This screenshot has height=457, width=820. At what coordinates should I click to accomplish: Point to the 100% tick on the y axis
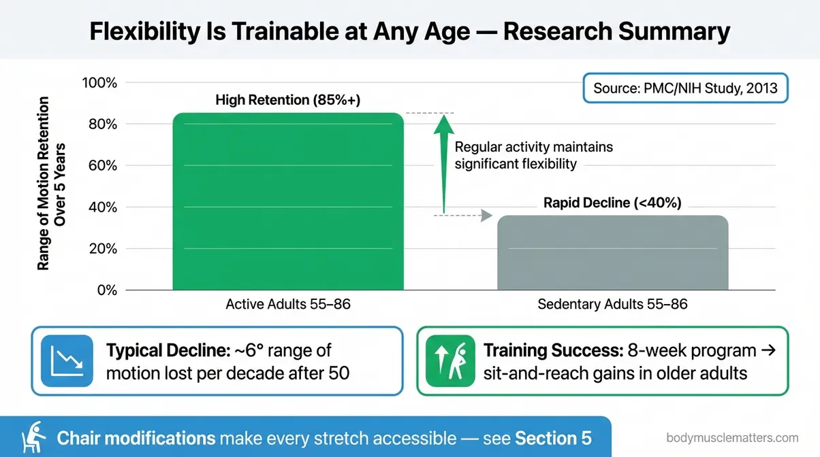pyautogui.click(x=99, y=83)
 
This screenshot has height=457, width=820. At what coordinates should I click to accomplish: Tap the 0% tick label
pyautogui.click(x=106, y=290)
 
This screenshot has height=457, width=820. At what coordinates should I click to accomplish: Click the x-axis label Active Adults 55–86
pyautogui.click(x=287, y=305)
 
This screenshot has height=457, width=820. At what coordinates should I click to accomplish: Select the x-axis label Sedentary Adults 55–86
pyautogui.click(x=612, y=305)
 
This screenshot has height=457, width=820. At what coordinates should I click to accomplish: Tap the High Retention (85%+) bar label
pyautogui.click(x=287, y=101)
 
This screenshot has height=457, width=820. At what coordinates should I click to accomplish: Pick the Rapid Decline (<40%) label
pyautogui.click(x=612, y=203)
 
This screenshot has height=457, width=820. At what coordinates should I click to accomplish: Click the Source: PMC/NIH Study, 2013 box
pyautogui.click(x=685, y=88)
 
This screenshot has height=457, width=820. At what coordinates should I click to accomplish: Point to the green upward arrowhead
pyautogui.click(x=443, y=124)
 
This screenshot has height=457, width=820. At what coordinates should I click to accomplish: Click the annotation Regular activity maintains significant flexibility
pyautogui.click(x=534, y=155)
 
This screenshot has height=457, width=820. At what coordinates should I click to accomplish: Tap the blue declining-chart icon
pyautogui.click(x=67, y=360)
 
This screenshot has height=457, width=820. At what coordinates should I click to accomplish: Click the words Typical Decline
pyautogui.click(x=161, y=352)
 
